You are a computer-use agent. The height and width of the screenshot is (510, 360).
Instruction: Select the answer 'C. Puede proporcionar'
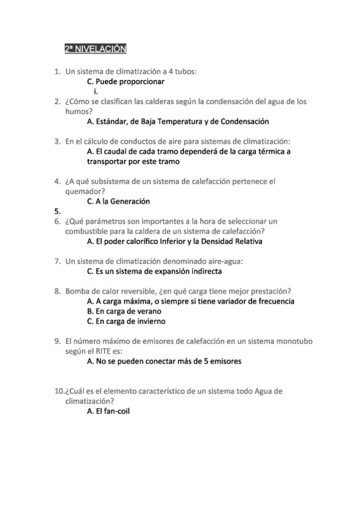pos(126,81)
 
